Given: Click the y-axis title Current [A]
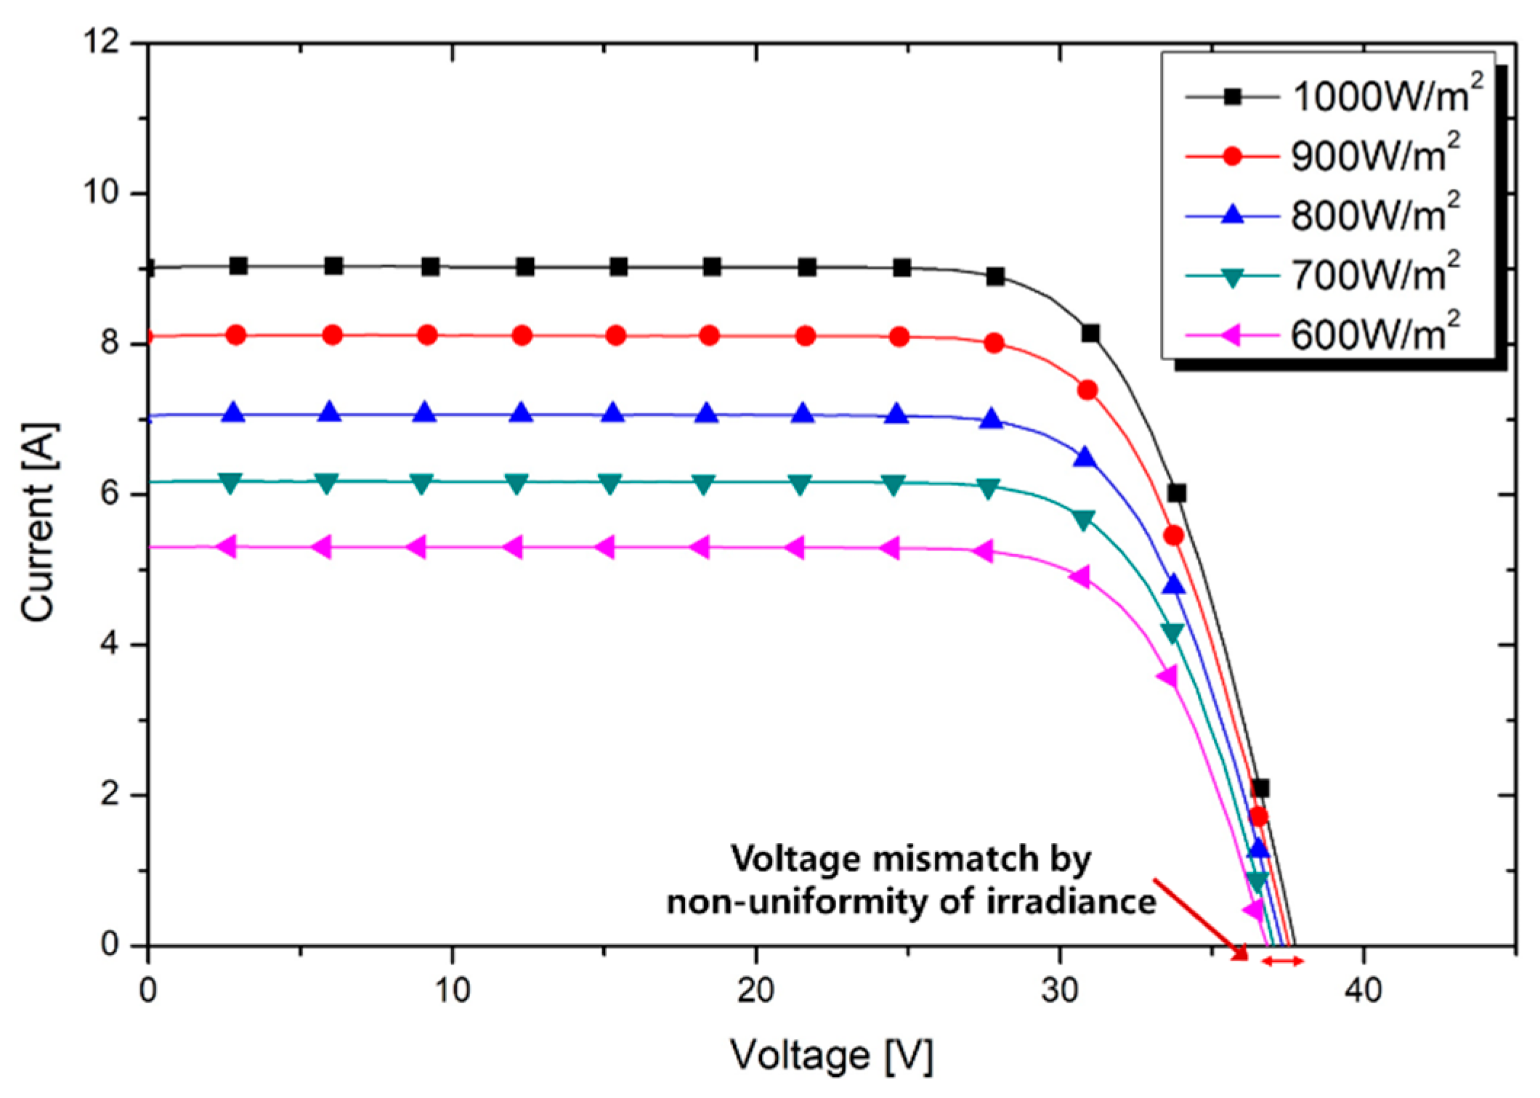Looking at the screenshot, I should [38, 521].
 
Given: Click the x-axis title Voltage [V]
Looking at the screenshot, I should [831, 1054].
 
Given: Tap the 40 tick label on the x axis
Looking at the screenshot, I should [1362, 989].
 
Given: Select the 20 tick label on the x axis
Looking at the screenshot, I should [755, 989].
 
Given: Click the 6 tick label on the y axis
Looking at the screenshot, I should [110, 494].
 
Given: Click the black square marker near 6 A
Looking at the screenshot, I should [1177, 494].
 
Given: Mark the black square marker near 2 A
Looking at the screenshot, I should [1260, 788].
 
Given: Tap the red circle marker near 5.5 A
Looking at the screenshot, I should [1173, 535].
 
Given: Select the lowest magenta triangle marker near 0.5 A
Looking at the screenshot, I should [1253, 910].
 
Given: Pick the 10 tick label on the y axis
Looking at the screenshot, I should [100, 192].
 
